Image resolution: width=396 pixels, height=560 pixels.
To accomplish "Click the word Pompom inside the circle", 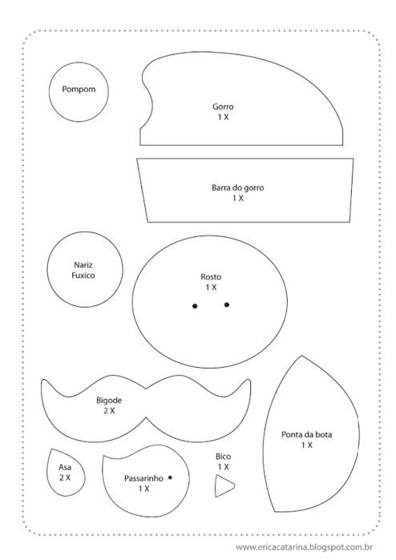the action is point(79,89).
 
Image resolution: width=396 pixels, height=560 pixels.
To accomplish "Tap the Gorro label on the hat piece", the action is point(223,107).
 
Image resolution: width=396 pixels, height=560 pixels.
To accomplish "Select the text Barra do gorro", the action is point(237,187).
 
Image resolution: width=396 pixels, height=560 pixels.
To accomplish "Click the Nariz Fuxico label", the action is point(83,270).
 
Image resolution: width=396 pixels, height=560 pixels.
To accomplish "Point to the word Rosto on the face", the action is point(211,276).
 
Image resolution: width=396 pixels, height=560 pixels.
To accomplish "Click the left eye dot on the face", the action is point(195,306).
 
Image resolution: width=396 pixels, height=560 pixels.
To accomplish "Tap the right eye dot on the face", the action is point(227,304).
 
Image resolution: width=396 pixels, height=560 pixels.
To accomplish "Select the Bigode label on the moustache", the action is point(109,401).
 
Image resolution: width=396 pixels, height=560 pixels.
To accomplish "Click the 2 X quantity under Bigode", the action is point(109,411).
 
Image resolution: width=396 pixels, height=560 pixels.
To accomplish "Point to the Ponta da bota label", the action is point(307,435).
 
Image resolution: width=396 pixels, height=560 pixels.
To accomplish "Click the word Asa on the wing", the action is point(65,467).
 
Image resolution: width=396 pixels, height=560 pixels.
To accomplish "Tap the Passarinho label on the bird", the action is point(143,478).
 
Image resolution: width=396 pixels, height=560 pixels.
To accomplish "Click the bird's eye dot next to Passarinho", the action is point(170,477).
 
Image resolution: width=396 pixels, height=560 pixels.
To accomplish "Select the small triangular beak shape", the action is point(224,485).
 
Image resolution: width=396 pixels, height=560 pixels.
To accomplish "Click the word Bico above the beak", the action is point(223,457).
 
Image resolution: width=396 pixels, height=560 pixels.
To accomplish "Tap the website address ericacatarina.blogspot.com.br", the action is point(305,547).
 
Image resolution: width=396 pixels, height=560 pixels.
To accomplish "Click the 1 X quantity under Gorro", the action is point(224,117).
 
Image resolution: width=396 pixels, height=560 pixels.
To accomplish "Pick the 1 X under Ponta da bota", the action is point(307,445).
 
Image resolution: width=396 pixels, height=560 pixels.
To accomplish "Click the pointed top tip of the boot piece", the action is point(301,356).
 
